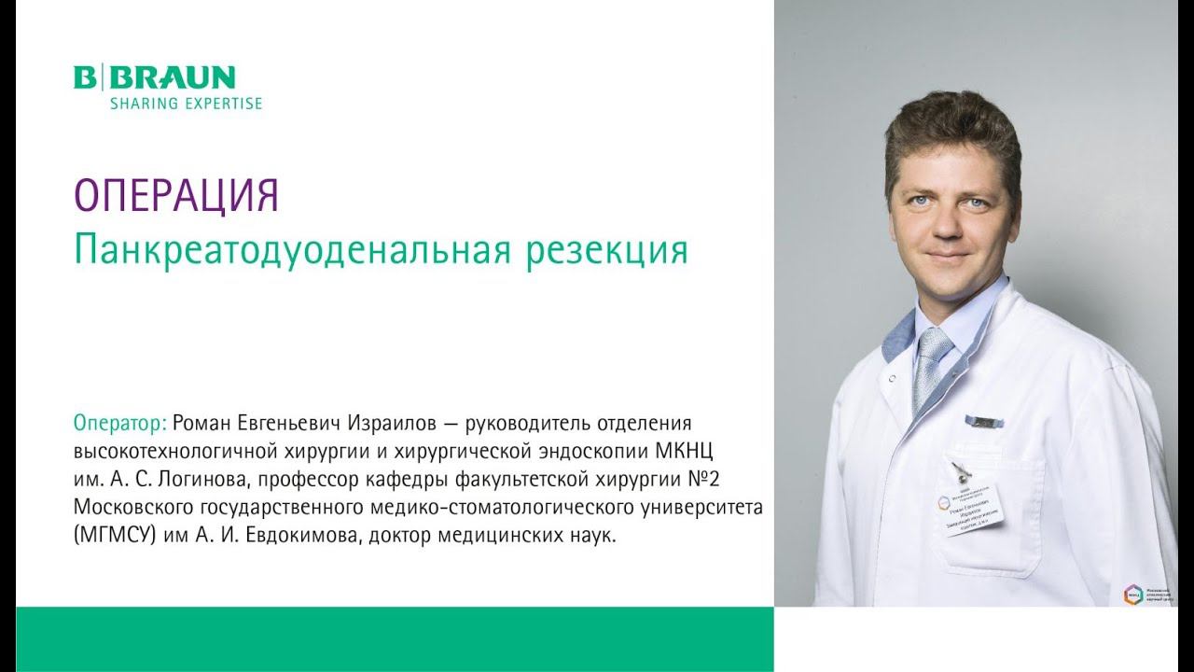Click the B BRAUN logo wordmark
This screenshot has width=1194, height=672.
[155, 77]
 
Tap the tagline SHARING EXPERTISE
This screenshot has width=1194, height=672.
[186, 104]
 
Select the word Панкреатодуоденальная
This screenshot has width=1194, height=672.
[288, 249]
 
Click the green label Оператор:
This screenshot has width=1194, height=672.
[120, 422]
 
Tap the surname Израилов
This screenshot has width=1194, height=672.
[396, 422]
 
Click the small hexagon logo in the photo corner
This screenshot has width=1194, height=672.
[1132, 594]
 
